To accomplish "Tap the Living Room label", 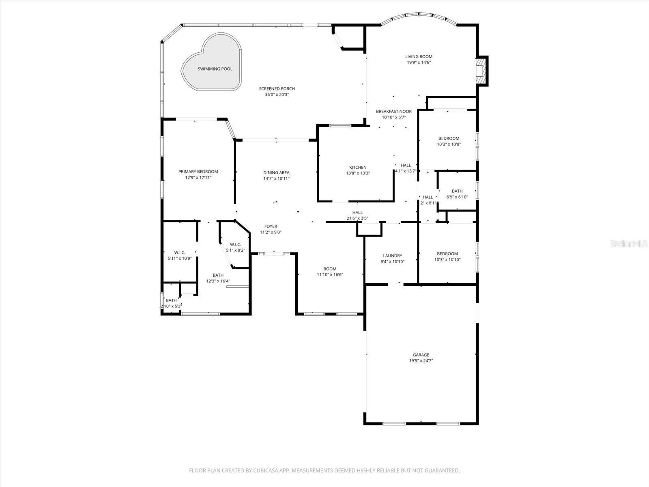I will pyautogui.click(x=419, y=57).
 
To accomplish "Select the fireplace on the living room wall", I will pyautogui.click(x=481, y=71).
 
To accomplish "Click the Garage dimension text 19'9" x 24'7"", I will pyautogui.click(x=421, y=361).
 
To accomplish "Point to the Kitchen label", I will pyautogui.click(x=358, y=168).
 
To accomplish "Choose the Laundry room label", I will pyautogui.click(x=392, y=256).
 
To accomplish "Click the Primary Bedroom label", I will pyautogui.click(x=198, y=172).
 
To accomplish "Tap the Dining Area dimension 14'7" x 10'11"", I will pyautogui.click(x=276, y=179).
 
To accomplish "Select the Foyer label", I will pyautogui.click(x=271, y=226).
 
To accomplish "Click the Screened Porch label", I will pyautogui.click(x=277, y=89).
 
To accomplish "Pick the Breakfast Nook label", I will pyautogui.click(x=393, y=112).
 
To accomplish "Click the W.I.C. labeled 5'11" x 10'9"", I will pyautogui.click(x=180, y=255).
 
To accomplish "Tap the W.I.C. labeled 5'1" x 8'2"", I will pyautogui.click(x=235, y=247).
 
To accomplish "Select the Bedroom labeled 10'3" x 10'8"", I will pyautogui.click(x=449, y=141).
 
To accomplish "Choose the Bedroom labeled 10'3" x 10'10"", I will pyautogui.click(x=447, y=256).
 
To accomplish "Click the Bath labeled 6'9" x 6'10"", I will pyautogui.click(x=457, y=194).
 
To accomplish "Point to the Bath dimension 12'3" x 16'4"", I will pyautogui.click(x=218, y=281).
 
